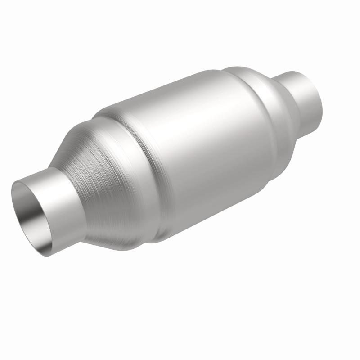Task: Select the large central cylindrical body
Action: [198, 148]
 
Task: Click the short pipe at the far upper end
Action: [301, 94]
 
